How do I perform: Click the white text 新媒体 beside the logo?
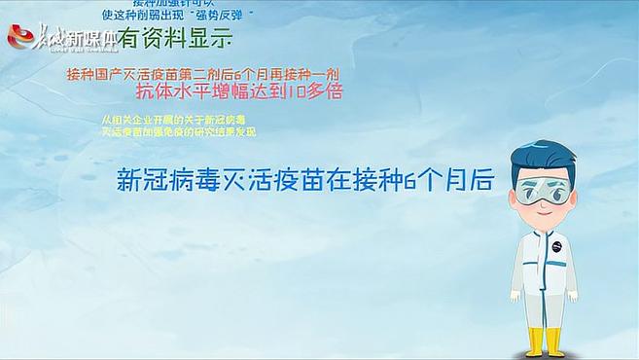(91, 40)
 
